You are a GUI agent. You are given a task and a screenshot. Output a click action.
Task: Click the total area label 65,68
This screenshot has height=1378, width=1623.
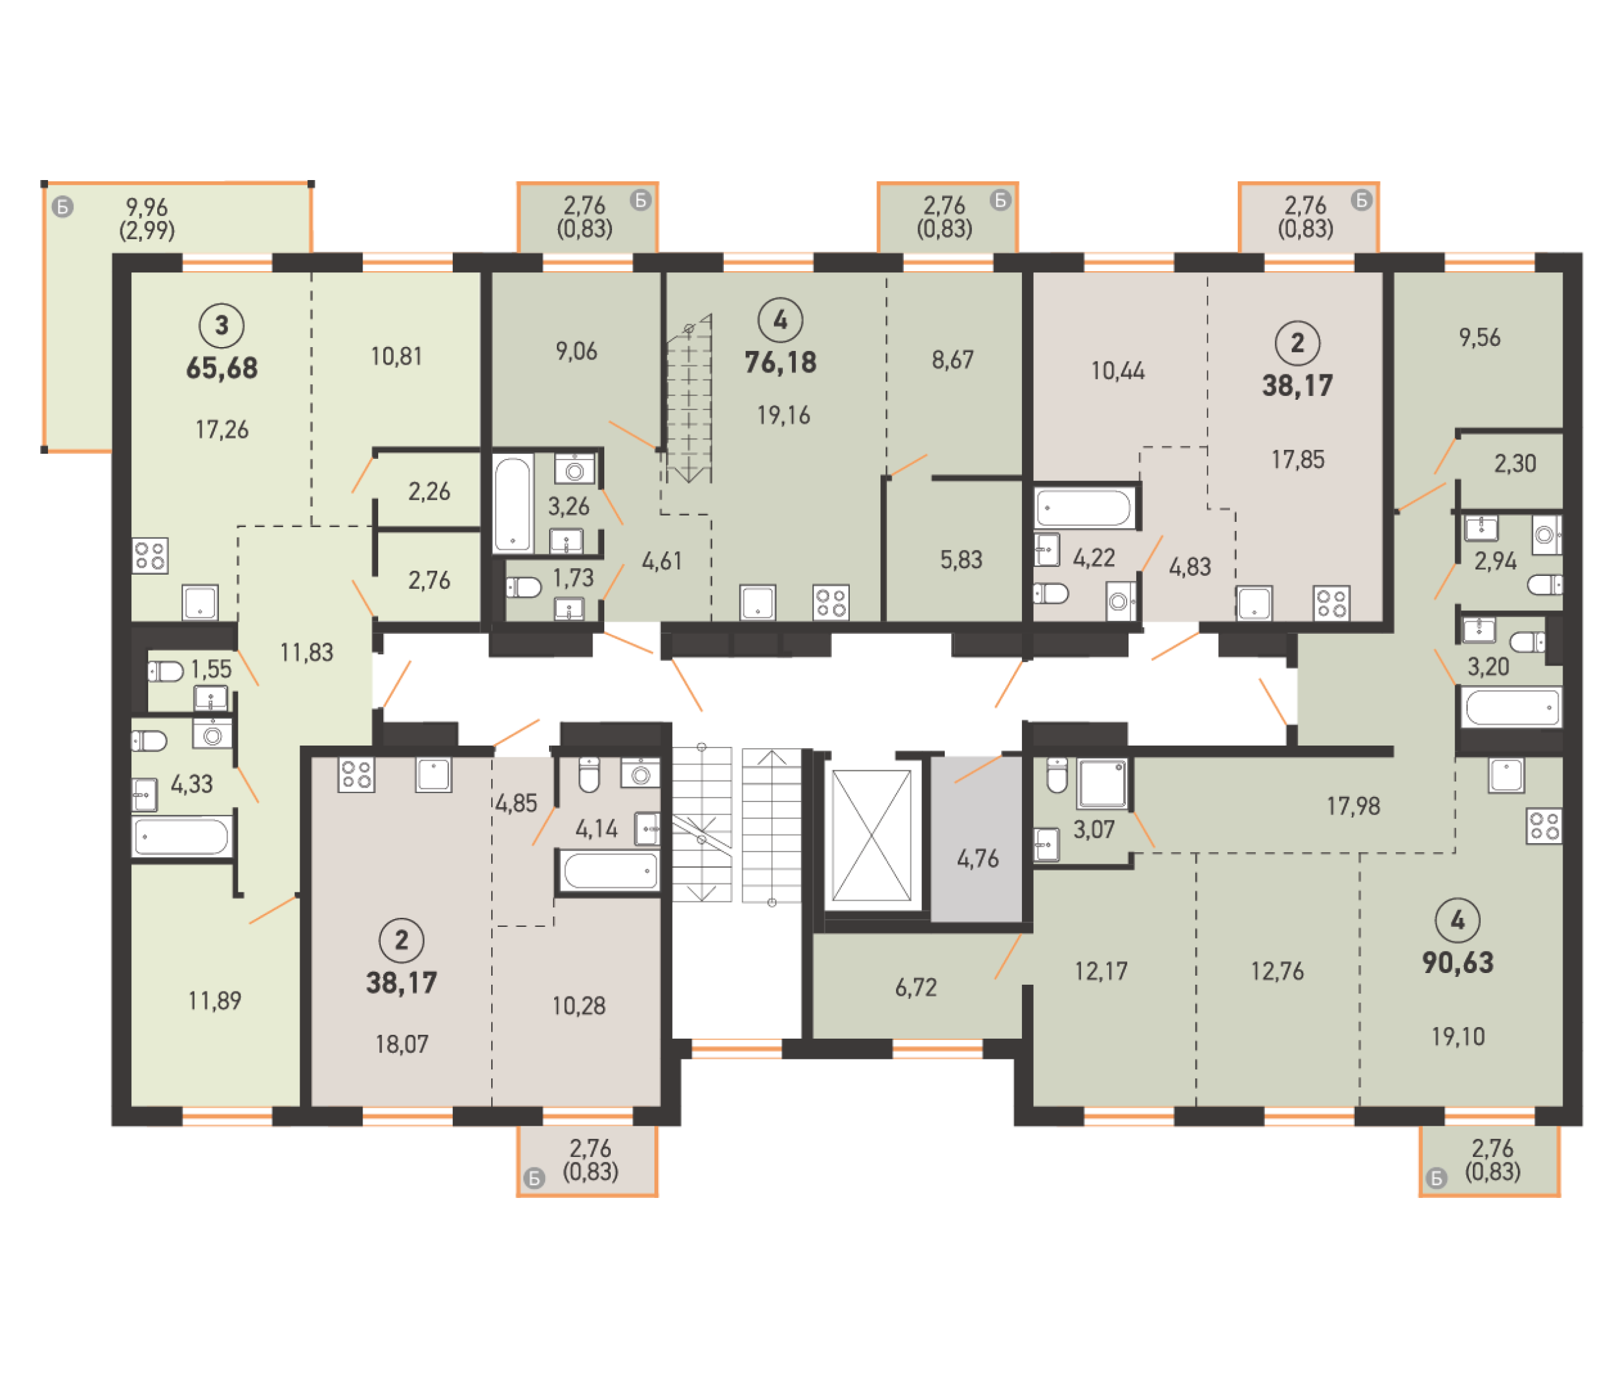[x=222, y=368]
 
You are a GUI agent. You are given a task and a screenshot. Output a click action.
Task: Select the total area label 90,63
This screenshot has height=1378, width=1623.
[x=1457, y=963]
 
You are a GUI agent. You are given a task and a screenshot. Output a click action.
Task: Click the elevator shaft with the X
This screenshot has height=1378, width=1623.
[x=871, y=835]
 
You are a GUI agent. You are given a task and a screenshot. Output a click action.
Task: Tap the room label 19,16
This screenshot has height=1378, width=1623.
[x=783, y=415]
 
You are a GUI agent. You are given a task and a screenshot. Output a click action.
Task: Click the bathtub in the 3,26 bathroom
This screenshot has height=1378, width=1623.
[x=513, y=504]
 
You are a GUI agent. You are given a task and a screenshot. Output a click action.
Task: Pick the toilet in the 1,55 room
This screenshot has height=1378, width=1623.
[x=165, y=671]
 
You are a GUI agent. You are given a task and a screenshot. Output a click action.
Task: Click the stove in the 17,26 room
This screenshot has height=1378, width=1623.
[x=150, y=556]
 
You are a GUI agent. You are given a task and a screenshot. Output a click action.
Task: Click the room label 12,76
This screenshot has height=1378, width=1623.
[x=1277, y=971]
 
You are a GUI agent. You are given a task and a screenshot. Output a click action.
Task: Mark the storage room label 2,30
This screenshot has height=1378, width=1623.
[x=1514, y=464]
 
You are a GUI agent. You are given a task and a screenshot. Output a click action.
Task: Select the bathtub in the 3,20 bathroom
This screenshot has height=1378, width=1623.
[x=1511, y=708]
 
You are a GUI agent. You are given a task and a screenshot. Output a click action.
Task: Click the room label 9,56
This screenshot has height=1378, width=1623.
[x=1479, y=337]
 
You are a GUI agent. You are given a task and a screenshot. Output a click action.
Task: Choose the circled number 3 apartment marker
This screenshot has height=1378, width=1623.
[x=222, y=325]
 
